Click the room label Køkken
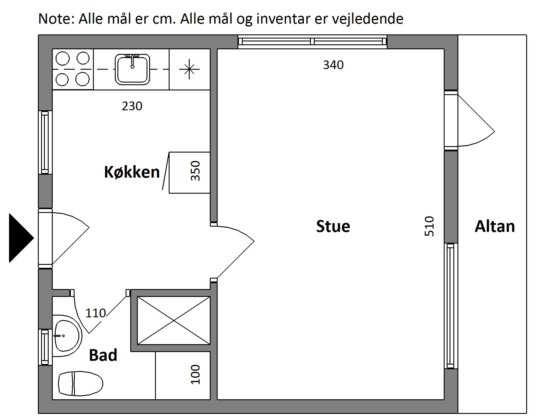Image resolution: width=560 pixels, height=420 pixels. point(132,172)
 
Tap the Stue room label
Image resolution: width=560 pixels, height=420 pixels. point(333,226)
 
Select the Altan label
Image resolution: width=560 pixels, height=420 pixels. point(495,226)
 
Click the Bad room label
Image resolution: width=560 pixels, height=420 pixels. point(103,355)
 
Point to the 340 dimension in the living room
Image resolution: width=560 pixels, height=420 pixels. point(333,65)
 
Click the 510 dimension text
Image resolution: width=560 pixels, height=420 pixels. point(429,226)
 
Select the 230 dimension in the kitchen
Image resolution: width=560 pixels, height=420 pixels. point(132,106)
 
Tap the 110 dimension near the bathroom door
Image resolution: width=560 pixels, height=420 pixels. point(96,313)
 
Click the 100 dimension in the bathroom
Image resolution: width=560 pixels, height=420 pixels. point(195,374)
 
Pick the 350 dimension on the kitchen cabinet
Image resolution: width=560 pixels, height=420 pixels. point(195,171)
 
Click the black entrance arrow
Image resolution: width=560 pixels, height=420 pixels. point(21,238)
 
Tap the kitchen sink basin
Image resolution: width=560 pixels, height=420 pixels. point(132,69)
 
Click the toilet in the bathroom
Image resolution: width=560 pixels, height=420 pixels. point(81,383)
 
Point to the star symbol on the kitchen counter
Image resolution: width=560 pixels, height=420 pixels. point(189,69)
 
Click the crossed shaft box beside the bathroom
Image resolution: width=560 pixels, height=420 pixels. point(174,321)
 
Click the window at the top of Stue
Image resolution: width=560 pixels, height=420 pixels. point(312,41)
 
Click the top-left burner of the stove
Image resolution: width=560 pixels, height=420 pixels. point(63,58)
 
